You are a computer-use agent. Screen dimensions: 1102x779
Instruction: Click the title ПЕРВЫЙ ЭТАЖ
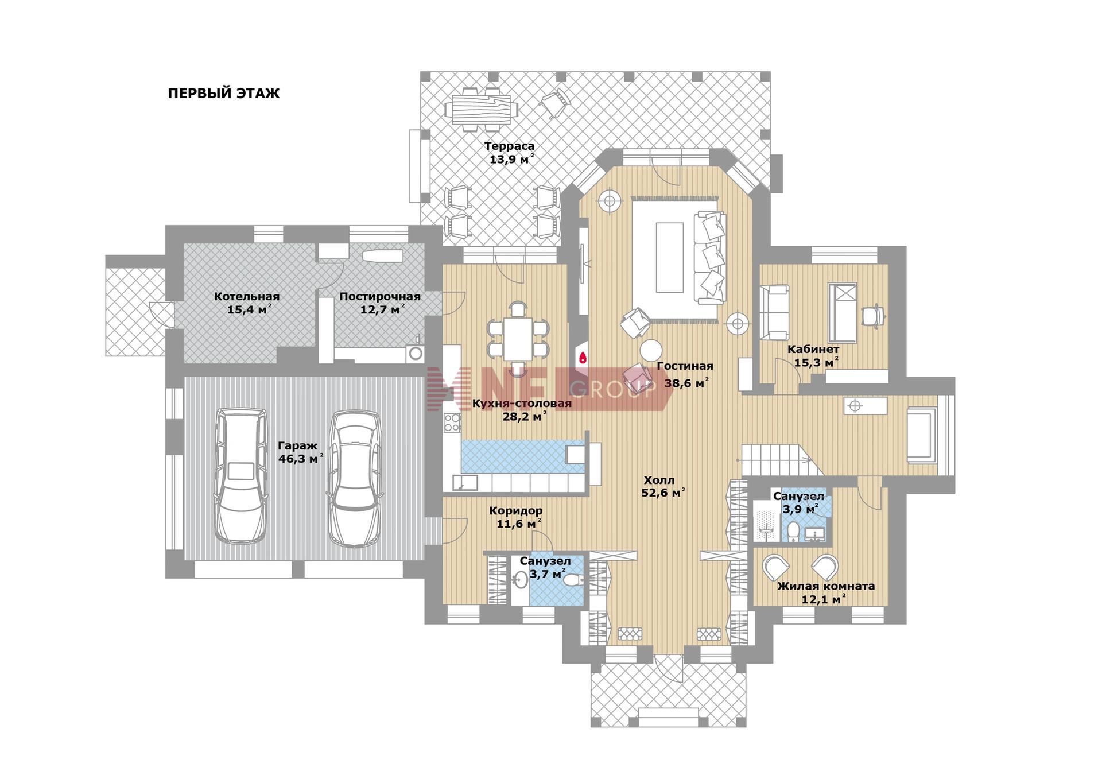224,94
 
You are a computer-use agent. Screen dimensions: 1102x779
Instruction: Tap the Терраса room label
509,146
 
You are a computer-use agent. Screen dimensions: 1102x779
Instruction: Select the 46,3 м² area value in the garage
301,459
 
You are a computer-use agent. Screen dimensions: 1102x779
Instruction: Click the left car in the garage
240,475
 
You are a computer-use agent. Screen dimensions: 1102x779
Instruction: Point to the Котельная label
247,297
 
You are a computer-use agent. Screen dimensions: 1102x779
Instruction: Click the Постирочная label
380,297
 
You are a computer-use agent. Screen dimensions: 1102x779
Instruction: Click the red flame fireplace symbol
583,358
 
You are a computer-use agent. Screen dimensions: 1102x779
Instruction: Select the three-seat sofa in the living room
710,257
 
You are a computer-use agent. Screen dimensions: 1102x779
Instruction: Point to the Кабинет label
813,349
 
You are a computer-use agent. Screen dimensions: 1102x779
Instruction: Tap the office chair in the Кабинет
874,315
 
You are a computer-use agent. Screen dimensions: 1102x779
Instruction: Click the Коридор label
515,510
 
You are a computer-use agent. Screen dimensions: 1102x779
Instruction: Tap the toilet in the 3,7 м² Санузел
573,580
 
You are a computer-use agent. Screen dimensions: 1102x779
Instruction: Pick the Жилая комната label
826,586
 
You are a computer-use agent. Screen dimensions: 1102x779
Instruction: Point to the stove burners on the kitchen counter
452,423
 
